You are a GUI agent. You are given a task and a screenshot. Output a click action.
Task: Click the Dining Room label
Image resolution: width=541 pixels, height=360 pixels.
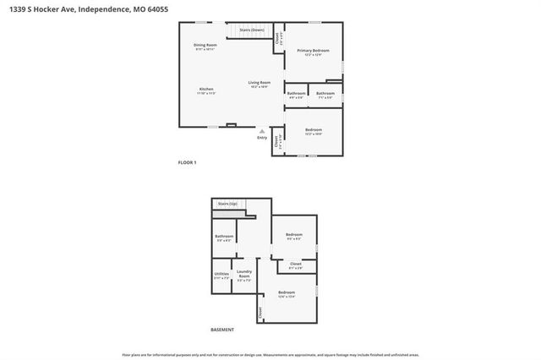click(205, 44)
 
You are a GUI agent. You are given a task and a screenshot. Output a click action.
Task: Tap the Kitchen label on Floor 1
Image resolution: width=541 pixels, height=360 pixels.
click(206, 89)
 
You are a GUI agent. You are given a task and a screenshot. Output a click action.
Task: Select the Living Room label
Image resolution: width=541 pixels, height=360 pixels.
click(259, 82)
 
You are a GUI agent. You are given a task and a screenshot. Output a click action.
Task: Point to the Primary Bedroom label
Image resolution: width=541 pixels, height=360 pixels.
click(313, 51)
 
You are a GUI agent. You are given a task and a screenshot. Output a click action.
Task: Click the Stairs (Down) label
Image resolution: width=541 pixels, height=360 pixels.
click(251, 30)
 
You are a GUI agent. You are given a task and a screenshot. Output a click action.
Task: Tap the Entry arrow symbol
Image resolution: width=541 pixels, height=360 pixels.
click(262, 131)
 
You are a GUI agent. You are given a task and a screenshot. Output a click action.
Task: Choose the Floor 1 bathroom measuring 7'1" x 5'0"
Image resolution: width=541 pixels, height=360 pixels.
click(325, 93)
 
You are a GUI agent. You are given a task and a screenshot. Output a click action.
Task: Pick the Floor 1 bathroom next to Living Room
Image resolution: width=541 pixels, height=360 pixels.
click(296, 93)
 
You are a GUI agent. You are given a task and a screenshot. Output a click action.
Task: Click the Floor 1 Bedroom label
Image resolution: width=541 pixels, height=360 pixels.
click(313, 129)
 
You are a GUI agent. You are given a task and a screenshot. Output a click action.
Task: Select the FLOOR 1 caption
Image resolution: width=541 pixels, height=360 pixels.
click(187, 162)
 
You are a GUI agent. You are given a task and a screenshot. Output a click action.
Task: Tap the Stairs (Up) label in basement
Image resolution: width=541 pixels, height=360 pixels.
click(227, 204)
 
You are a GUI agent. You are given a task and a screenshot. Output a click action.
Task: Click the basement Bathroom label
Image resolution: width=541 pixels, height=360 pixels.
click(224, 236)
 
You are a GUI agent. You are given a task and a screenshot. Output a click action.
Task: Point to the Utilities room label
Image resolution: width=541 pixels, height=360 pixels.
click(221, 274)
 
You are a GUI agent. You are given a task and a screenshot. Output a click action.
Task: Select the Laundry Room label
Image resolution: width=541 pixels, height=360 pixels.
click(244, 274)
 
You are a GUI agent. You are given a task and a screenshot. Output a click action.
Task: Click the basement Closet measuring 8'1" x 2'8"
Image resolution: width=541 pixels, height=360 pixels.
click(295, 264)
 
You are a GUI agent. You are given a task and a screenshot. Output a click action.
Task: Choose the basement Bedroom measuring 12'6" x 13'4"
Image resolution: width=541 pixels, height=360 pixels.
click(287, 292)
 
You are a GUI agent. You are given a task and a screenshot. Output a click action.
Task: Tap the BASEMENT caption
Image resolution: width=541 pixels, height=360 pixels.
click(222, 330)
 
